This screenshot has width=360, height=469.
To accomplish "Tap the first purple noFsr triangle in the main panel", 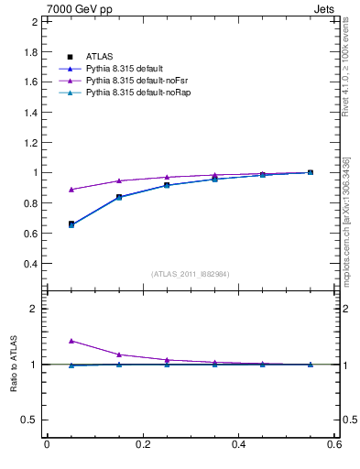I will pyautogui.click(x=71, y=190).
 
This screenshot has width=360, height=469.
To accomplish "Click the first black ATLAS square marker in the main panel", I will pyautogui.click(x=71, y=224).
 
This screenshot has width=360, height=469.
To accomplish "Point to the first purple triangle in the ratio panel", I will pyautogui.click(x=71, y=341).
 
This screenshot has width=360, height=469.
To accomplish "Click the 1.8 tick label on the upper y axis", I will pyautogui.click(x=31, y=51).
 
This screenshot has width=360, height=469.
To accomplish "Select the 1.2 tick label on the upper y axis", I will pyautogui.click(x=31, y=142).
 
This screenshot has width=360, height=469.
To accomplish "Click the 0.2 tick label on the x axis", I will pyautogui.click(x=142, y=445).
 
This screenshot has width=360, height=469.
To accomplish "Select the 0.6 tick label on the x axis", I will pyautogui.click(x=334, y=445).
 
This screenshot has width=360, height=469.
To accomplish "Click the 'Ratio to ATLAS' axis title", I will pyautogui.click(x=15, y=363).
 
